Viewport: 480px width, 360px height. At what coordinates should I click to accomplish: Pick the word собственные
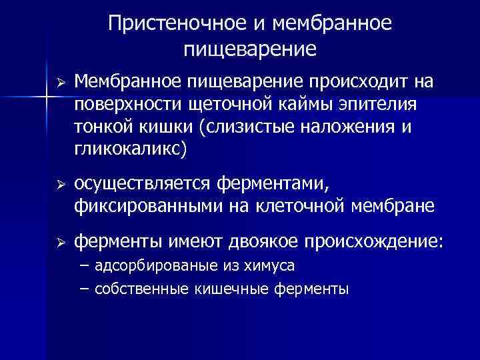[x=142, y=289]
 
